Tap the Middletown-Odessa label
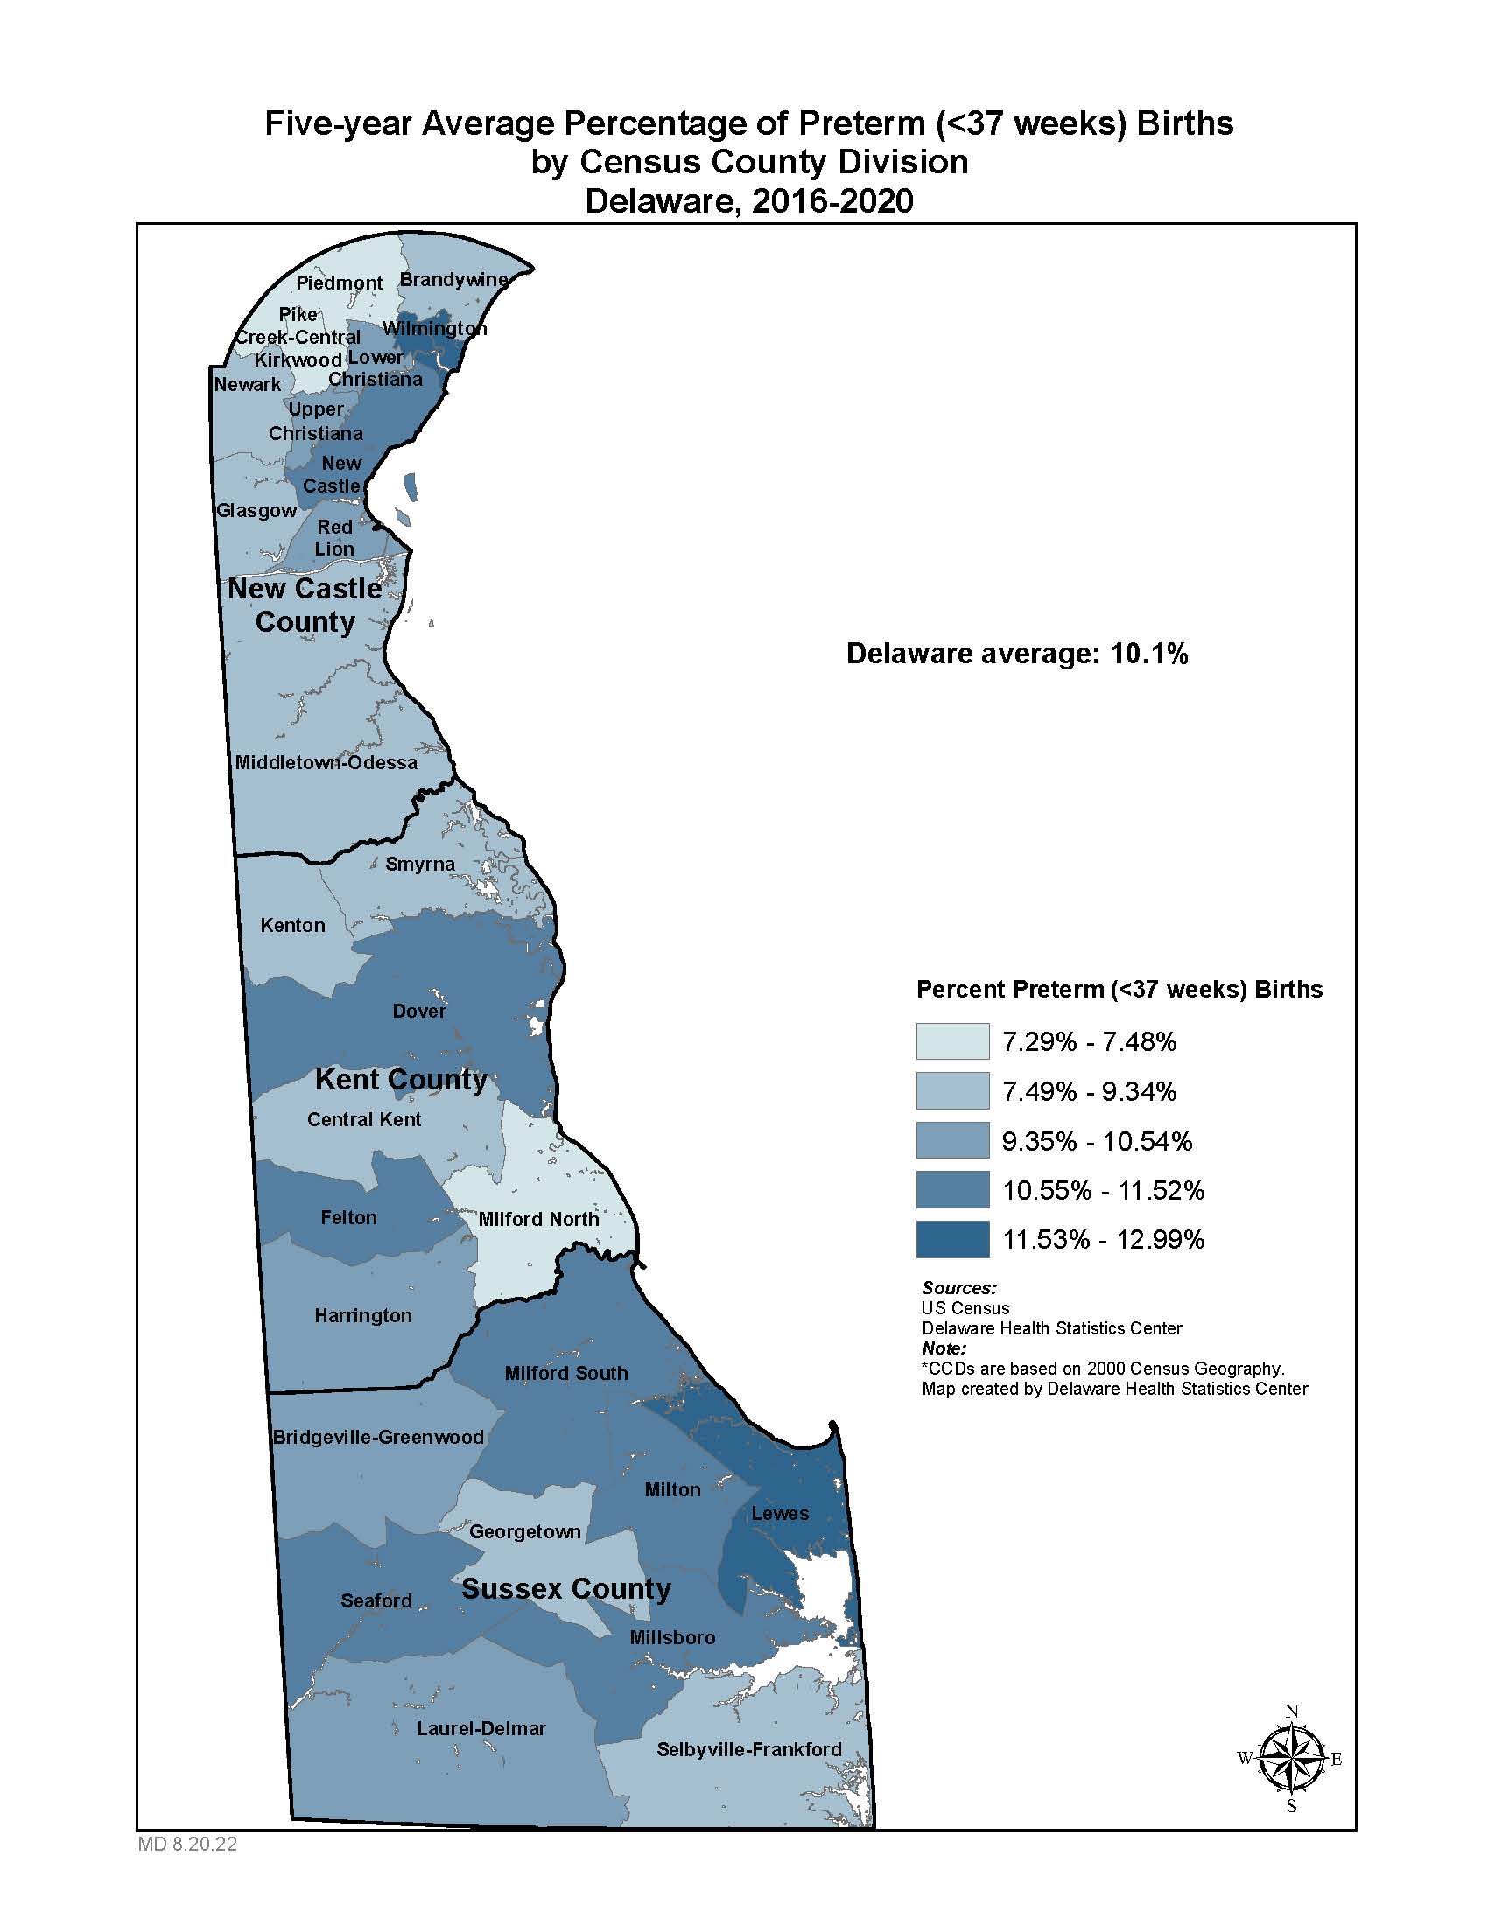click(326, 762)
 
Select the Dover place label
click(418, 1011)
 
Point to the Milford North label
click(537, 1219)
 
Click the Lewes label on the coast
click(779, 1514)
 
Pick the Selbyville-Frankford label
click(748, 1749)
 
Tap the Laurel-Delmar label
click(481, 1728)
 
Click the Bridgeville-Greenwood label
click(378, 1438)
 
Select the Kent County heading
click(400, 1079)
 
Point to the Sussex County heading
click(566, 1588)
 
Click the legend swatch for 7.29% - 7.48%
click(952, 1041)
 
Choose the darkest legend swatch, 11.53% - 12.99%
click(952, 1239)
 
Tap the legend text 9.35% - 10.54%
click(1097, 1141)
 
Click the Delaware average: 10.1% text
click(1016, 653)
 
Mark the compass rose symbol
click(1290, 1759)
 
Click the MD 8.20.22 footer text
click(187, 1844)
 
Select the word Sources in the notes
click(958, 1288)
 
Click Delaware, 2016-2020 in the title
click(748, 202)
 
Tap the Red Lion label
click(334, 537)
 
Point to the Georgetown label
click(524, 1531)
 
